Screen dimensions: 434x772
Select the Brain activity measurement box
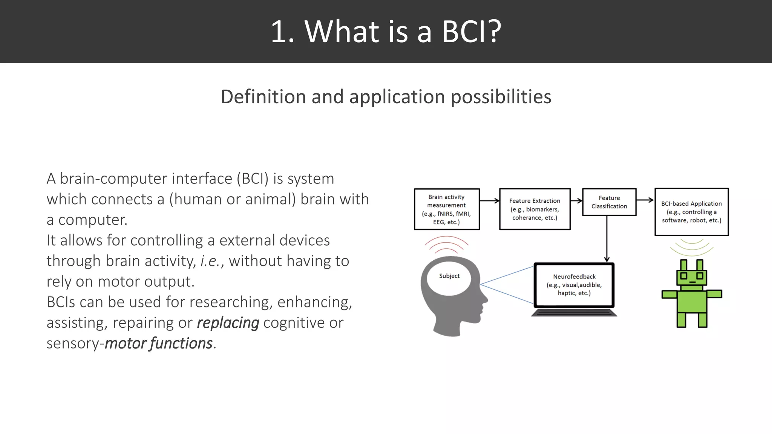[x=447, y=209]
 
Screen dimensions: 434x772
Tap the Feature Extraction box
[x=535, y=209]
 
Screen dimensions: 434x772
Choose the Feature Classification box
[x=609, y=202]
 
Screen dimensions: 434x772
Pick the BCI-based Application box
[x=691, y=212]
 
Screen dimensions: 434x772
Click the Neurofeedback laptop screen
[x=574, y=285]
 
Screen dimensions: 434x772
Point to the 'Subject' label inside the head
[x=449, y=276]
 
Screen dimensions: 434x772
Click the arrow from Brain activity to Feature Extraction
[x=489, y=201]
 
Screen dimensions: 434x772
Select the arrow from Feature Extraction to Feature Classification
[x=576, y=201]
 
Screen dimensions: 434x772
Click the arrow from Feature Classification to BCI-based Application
[x=645, y=200]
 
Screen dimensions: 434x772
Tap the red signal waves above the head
[x=446, y=245]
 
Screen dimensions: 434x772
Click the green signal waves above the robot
[x=692, y=247]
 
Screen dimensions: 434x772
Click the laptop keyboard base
[x=574, y=313]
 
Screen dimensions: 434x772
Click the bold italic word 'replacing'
[x=228, y=323]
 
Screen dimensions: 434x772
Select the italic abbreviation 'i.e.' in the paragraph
[x=210, y=261]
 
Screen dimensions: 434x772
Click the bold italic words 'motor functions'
[x=159, y=344]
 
